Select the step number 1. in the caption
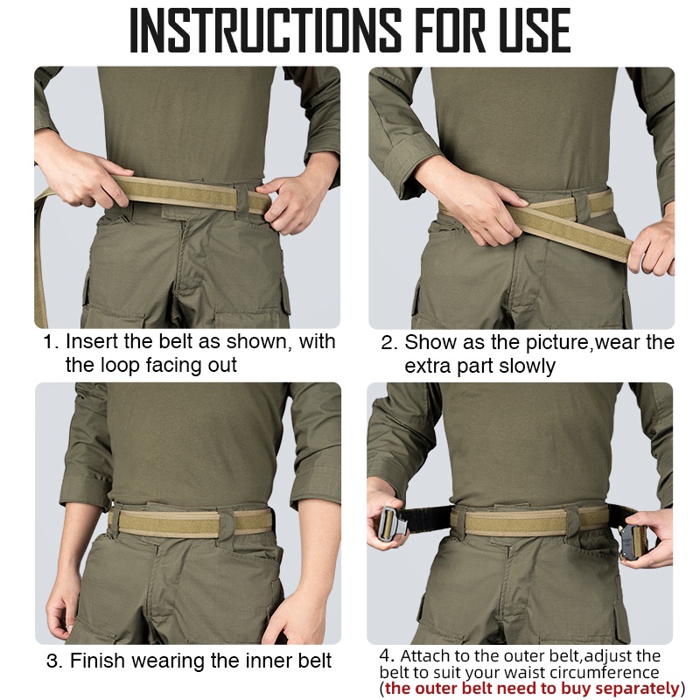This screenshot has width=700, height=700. [x=51, y=342]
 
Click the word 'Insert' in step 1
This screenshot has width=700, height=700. [x=93, y=341]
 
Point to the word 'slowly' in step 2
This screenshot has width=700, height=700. [x=528, y=366]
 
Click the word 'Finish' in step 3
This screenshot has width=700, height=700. [x=97, y=661]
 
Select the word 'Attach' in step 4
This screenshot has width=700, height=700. [x=423, y=655]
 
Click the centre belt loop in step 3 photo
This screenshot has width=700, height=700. [x=227, y=522]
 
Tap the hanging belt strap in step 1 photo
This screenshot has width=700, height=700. [x=41, y=259]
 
